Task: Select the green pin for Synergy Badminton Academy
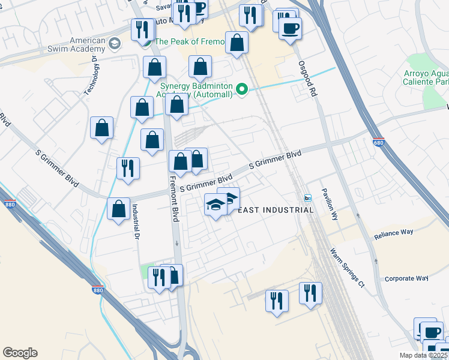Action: (x=242, y=90)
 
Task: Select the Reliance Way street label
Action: (x=394, y=235)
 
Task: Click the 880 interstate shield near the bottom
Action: (x=97, y=291)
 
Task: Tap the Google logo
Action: (x=20, y=353)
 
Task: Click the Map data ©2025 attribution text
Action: (x=423, y=355)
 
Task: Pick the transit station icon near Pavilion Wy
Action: (x=308, y=198)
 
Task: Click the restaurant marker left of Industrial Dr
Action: (x=128, y=168)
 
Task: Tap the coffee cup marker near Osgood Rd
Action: (x=291, y=28)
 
